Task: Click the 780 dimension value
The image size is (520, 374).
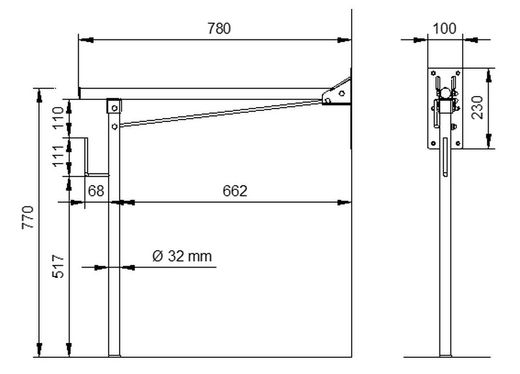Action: coord(219,29)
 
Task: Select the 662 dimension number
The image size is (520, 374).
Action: coord(235,191)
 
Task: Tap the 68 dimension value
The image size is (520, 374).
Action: coord(96,191)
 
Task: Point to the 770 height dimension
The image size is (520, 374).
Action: coord(28,217)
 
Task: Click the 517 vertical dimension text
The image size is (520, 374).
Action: coord(58,266)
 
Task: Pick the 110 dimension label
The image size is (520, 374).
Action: coord(58,118)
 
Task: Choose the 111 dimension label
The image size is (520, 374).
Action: coord(58,156)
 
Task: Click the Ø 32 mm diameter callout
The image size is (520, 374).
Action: coord(182,256)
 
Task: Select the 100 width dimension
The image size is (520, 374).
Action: coord(445,29)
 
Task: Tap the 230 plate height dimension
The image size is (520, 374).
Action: coord(478,107)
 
